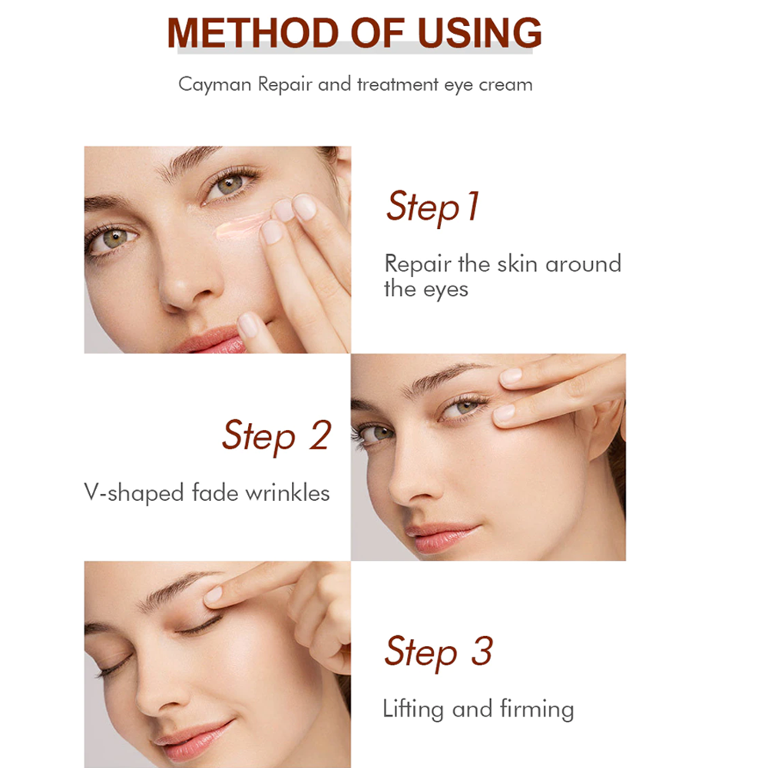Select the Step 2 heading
coord(276,435)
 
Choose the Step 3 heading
coord(438,651)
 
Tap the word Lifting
coord(415,709)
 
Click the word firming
coord(538,710)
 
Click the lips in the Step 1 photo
coord(210,339)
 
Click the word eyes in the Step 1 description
coord(445,290)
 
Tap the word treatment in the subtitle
coord(398,84)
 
